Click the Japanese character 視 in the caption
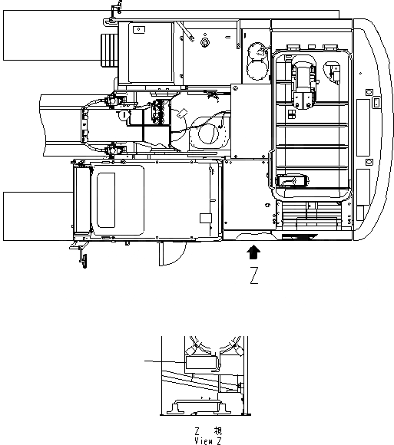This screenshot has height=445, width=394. point(217,432)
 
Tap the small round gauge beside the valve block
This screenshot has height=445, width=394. point(124,114)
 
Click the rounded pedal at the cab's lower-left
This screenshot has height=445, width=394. point(292,181)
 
